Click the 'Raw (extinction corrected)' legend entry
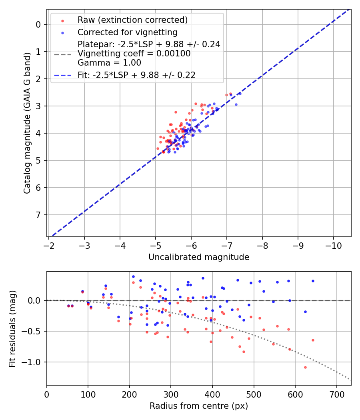pos(132,20)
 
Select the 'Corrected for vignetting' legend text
pos(128,32)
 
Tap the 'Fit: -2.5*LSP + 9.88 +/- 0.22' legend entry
pos(136,75)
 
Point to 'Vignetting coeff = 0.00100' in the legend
pos(134,54)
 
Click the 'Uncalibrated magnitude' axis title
pos(199,257)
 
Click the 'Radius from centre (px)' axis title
pos(199,406)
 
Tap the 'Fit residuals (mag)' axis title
pos(12,328)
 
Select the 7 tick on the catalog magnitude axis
pos(38,215)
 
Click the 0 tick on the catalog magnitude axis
pos(38,24)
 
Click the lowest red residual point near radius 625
pos(305,367)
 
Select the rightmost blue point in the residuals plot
pos(313,281)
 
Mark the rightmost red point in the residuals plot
pos(313,340)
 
